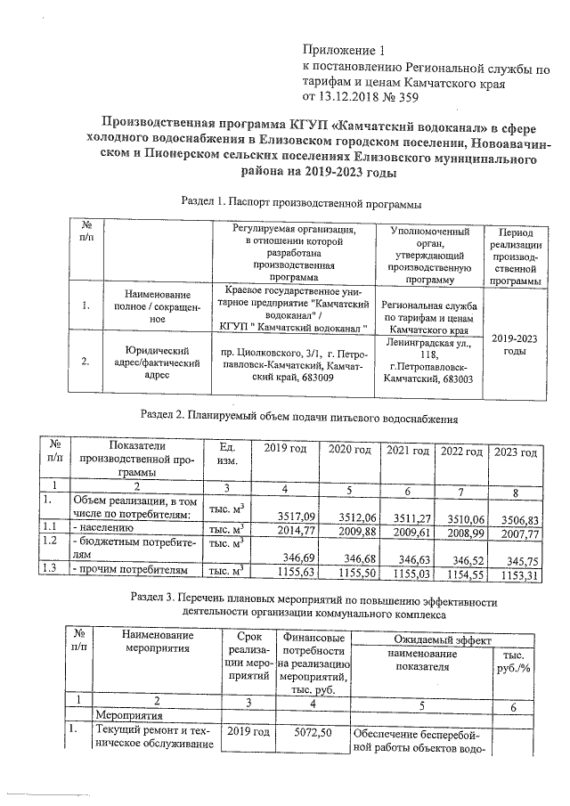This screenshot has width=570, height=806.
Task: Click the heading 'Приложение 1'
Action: (346, 50)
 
